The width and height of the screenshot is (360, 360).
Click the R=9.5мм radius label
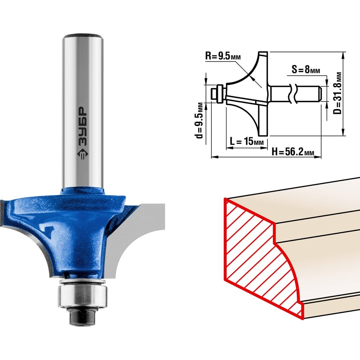coord(223,56)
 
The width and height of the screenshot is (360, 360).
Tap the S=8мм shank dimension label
coord(306,69)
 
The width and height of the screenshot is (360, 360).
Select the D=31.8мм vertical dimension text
coord(337,93)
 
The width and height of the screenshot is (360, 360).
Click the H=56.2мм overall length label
coord(293,152)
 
